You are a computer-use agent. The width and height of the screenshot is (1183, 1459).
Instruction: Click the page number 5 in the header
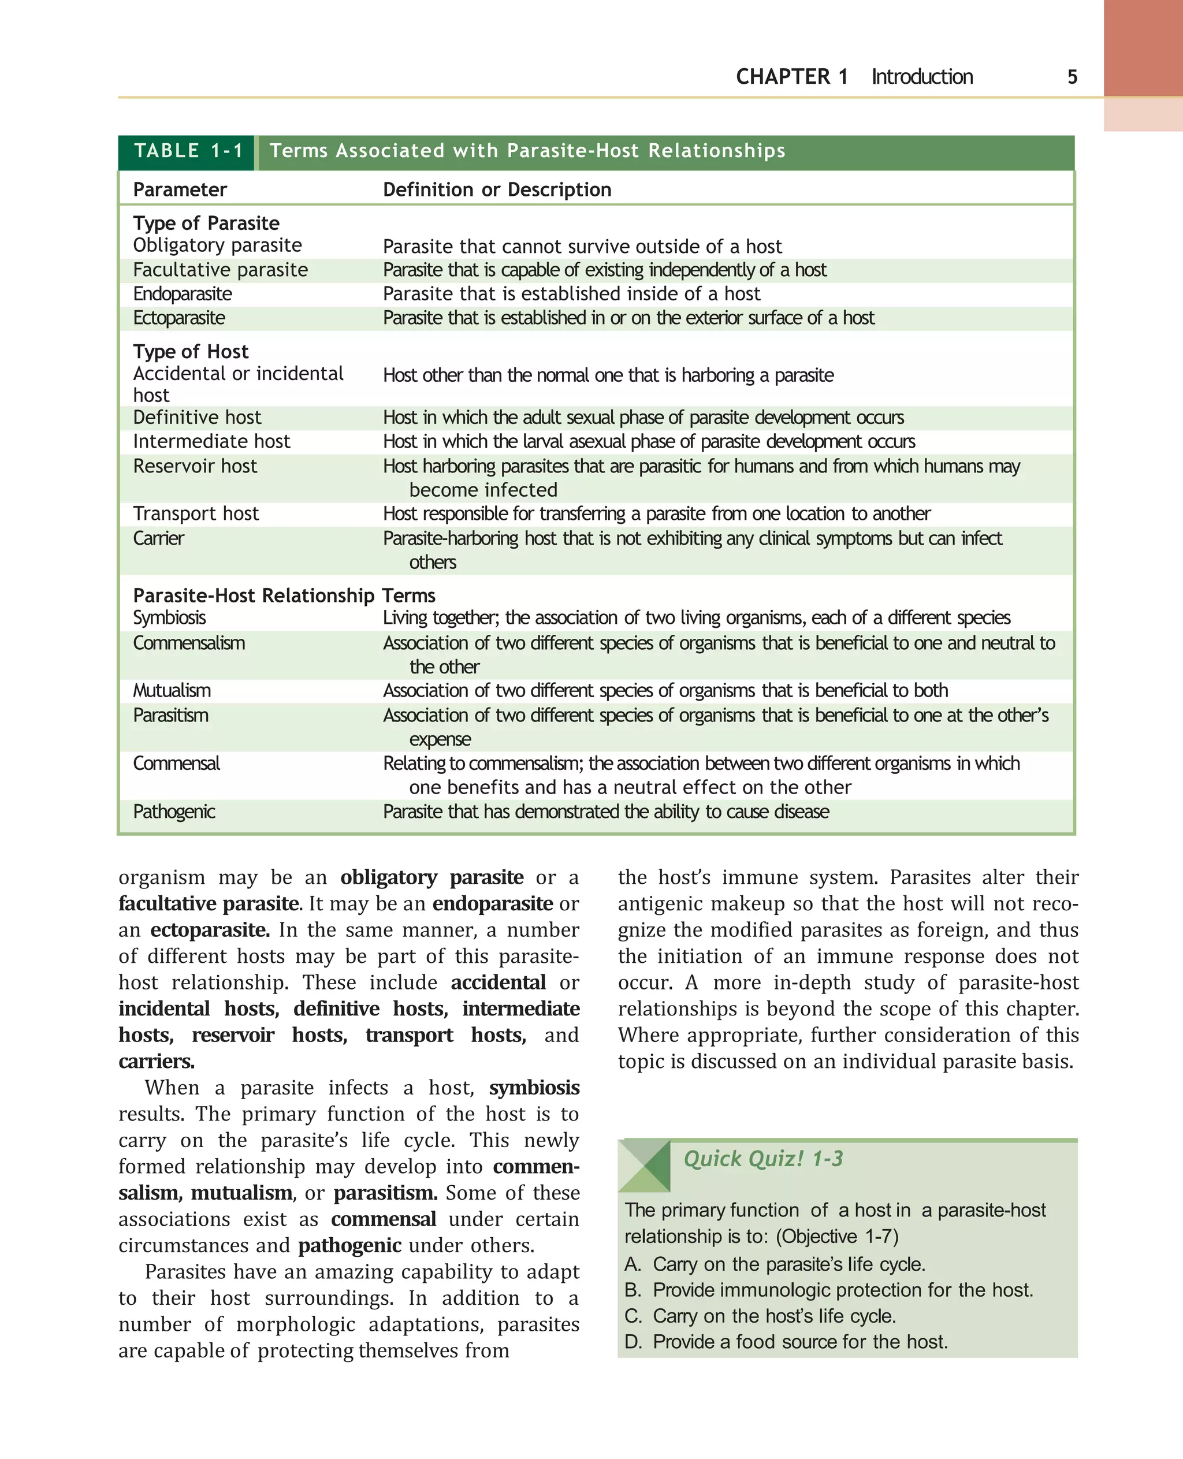1072,77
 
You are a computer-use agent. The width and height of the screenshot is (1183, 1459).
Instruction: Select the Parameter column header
180,189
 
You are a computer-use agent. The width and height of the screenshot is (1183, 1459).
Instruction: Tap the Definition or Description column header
497,189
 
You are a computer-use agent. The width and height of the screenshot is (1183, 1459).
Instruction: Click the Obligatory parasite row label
217,245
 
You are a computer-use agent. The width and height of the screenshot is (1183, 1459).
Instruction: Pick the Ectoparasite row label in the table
178,318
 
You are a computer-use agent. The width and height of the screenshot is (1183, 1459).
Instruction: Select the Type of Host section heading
191,352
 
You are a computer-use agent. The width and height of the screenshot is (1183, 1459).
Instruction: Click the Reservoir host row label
195,466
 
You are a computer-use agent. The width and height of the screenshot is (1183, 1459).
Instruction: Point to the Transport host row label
196,514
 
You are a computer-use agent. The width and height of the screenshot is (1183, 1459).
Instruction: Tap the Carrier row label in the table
158,538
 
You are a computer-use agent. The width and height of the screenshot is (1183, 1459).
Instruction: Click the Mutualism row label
172,691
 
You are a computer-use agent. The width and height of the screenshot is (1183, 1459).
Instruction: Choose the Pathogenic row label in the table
174,812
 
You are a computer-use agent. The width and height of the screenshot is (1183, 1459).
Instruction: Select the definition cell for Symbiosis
695,618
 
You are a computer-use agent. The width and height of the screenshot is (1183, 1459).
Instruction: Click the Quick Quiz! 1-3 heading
762,1159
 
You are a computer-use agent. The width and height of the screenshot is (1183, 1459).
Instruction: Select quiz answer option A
775,1264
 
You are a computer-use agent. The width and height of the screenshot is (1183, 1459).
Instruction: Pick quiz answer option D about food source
786,1342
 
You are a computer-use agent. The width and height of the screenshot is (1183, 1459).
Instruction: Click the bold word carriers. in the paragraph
157,1062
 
